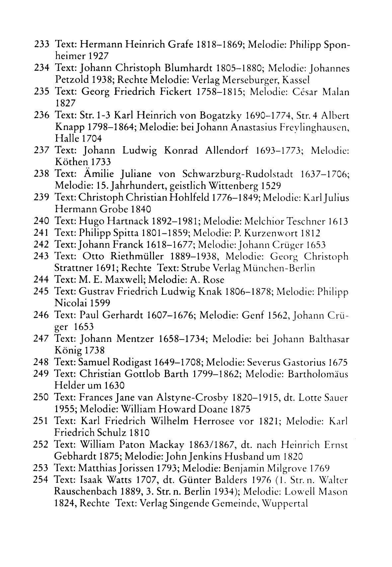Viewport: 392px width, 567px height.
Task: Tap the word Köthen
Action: point(69,162)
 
